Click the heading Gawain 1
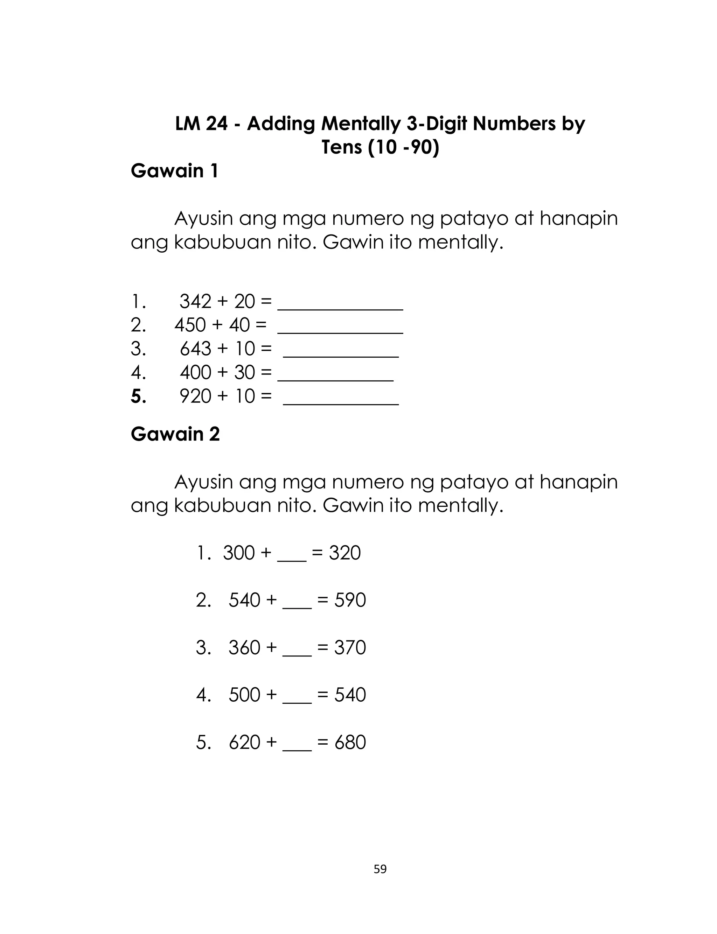pos(175,171)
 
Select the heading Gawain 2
pos(175,434)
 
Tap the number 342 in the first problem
pos(195,302)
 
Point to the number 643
pos(195,349)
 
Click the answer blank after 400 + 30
pos(335,378)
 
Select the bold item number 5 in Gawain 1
pos(138,396)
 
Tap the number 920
pos(195,396)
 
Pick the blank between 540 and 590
pos(297,606)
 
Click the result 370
pos(350,647)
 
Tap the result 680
pos(350,742)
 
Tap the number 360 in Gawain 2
pos(244,647)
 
